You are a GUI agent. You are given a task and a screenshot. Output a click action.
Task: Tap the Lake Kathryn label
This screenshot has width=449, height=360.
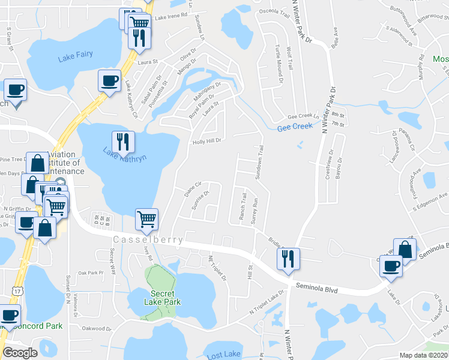click(124, 160)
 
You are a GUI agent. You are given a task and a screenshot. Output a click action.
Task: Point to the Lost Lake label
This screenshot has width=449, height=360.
click(223, 356)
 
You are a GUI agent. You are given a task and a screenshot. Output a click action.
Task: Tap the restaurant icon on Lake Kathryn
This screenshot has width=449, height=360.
click(123, 142)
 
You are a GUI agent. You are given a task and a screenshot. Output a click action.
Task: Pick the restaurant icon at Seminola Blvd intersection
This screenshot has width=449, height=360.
click(288, 258)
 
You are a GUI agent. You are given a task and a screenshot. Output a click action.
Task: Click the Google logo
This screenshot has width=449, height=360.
click(20, 353)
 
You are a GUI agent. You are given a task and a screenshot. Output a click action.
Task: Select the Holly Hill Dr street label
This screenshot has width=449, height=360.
click(207, 142)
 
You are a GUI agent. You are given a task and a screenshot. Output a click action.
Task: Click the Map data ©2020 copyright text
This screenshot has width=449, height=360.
click(424, 355)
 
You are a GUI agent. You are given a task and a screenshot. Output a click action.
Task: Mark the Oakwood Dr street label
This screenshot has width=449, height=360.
click(97, 328)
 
